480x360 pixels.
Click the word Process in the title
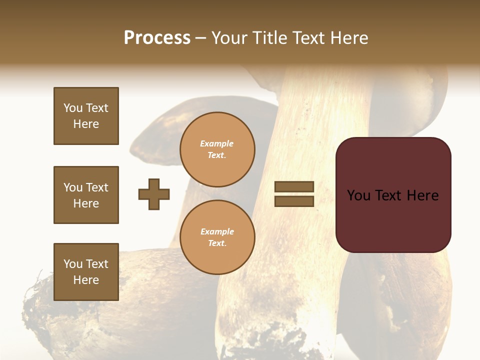pyautogui.click(x=157, y=38)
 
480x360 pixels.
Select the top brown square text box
pyautogui.click(x=86, y=116)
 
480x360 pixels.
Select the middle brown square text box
pyautogui.click(x=86, y=195)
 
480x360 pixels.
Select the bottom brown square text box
pyautogui.click(x=86, y=272)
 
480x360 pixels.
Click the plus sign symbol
pyautogui.click(x=154, y=194)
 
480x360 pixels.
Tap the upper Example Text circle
pyautogui.click(x=217, y=149)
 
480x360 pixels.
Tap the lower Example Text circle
pyautogui.click(x=217, y=237)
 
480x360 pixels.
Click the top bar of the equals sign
pyautogui.click(x=294, y=187)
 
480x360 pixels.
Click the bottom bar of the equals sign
pyautogui.click(x=294, y=201)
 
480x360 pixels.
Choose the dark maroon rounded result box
pyautogui.click(x=393, y=220)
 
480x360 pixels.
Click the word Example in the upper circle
pyautogui.click(x=217, y=144)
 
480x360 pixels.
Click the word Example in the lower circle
pyautogui.click(x=217, y=232)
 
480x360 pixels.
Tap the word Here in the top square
pyautogui.click(x=86, y=124)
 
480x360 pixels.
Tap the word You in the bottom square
pyautogui.click(x=73, y=264)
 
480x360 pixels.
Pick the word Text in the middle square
pyautogui.click(x=97, y=187)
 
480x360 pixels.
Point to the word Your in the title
pyautogui.click(x=229, y=38)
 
